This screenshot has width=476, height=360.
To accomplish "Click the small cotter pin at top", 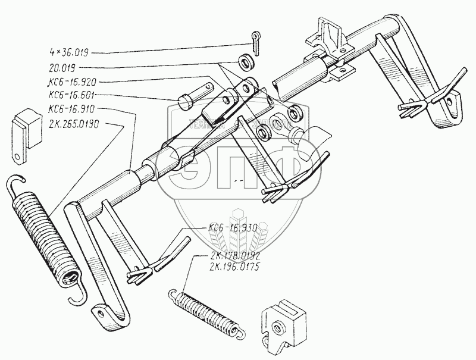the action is coord(255,42).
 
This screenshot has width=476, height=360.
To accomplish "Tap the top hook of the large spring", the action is coord(20,181).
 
